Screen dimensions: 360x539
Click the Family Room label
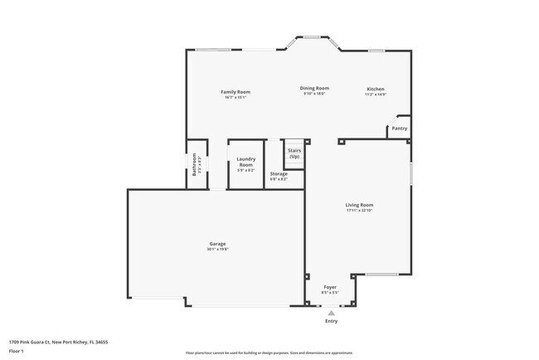tap(235, 91)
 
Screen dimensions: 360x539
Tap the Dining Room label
tap(314, 88)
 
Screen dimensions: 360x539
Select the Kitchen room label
tap(376, 89)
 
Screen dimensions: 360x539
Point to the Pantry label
tap(400, 129)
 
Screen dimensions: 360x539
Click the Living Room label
tap(359, 205)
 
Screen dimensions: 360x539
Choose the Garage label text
tap(217, 244)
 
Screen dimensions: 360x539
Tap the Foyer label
tap(330, 287)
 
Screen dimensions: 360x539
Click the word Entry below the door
tap(331, 321)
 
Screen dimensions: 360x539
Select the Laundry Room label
tap(245, 162)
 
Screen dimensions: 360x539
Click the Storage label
tap(279, 173)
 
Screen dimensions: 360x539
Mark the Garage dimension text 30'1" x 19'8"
tap(217, 250)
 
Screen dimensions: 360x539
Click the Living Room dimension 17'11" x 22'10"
tap(359, 211)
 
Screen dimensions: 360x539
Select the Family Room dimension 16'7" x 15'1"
tap(235, 97)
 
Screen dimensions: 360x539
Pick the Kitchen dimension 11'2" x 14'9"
tap(376, 95)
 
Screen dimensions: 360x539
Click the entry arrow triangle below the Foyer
tap(331, 314)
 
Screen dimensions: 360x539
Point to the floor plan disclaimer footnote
tap(269, 353)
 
